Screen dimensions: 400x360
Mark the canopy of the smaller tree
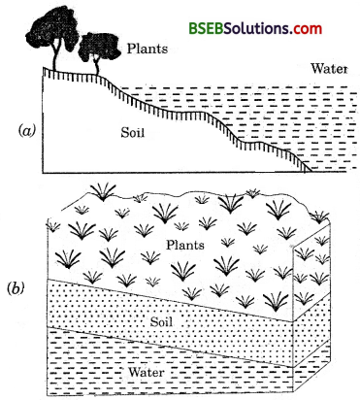coord(94,43)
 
